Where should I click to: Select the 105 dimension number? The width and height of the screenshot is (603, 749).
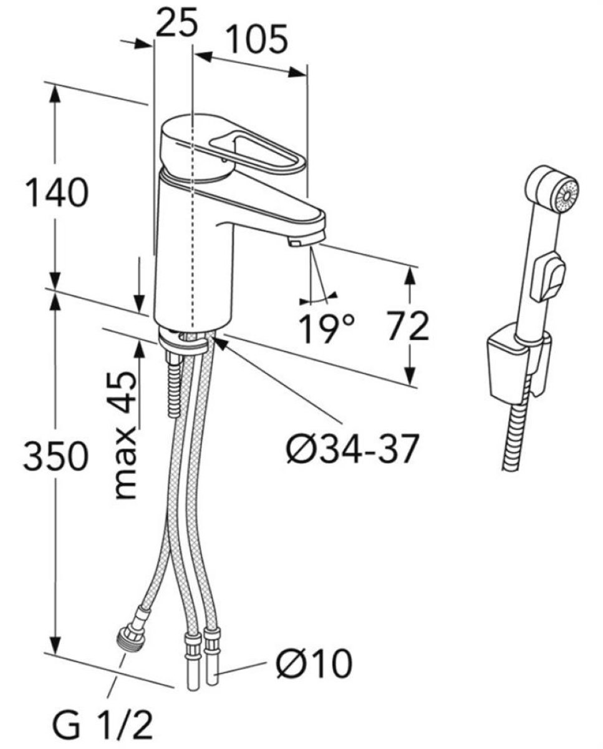point(257,39)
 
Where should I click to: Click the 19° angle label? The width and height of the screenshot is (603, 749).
point(326,328)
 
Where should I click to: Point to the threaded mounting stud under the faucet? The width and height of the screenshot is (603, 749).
point(173,384)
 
